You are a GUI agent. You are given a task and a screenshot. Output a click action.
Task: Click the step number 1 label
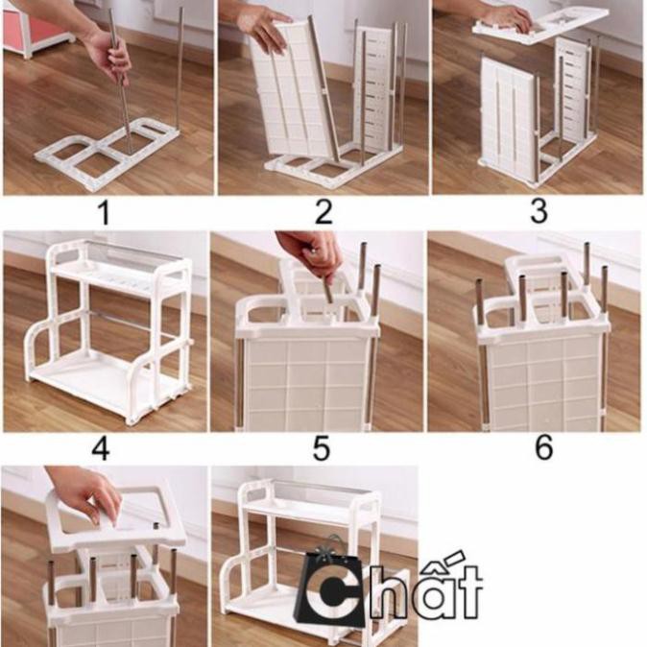click(x=104, y=212)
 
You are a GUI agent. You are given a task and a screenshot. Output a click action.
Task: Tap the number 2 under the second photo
click(x=323, y=212)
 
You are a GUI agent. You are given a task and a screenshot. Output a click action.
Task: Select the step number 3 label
click(x=539, y=212)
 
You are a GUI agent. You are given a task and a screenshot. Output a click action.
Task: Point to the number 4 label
click(x=101, y=448)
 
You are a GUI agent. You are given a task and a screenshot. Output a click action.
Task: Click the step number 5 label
click(x=322, y=448)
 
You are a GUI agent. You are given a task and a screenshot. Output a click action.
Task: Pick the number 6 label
click(x=544, y=448)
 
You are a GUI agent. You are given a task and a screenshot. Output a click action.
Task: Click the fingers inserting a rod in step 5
click(x=312, y=255)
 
